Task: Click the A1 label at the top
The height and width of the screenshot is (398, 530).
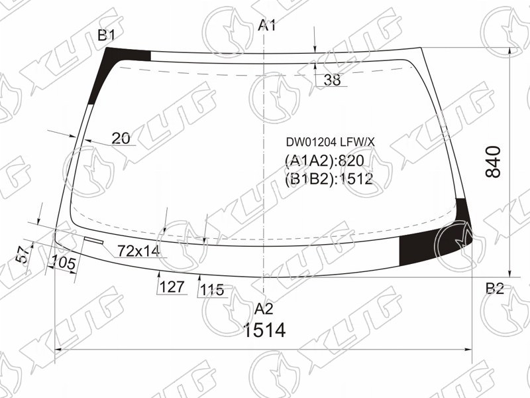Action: (x=267, y=25)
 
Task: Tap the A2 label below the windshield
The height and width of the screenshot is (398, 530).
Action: (x=264, y=308)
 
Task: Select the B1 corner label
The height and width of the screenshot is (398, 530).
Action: (x=107, y=35)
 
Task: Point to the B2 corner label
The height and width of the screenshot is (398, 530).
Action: (x=495, y=289)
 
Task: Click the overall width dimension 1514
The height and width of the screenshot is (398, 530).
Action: (x=264, y=330)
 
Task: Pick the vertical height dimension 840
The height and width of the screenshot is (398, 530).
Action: (x=493, y=162)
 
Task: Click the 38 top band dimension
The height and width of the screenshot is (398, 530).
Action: (x=333, y=80)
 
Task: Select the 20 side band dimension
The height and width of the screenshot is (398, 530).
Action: (x=121, y=139)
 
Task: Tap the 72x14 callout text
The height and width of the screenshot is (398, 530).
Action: (x=138, y=251)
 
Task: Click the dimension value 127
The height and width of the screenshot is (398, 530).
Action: (x=172, y=287)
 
